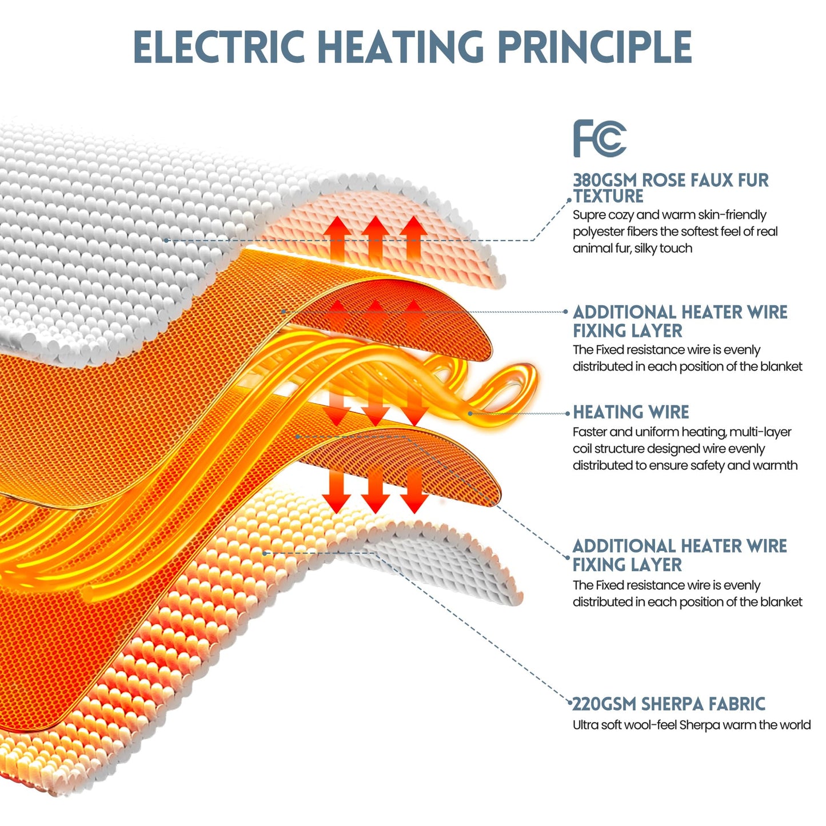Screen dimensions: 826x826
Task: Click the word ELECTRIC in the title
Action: pyautogui.click(x=219, y=46)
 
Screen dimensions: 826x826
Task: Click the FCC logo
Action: pyautogui.click(x=600, y=138)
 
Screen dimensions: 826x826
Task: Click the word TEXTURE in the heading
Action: pyautogui.click(x=608, y=196)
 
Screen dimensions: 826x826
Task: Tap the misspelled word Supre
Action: pyautogui.click(x=588, y=215)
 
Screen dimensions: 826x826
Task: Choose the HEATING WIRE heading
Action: pyautogui.click(x=631, y=412)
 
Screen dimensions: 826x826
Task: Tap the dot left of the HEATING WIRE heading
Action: pyautogui.click(x=568, y=414)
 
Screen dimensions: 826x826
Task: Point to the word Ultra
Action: pyautogui.click(x=585, y=725)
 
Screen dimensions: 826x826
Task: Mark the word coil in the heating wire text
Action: pyautogui.click(x=581, y=449)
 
